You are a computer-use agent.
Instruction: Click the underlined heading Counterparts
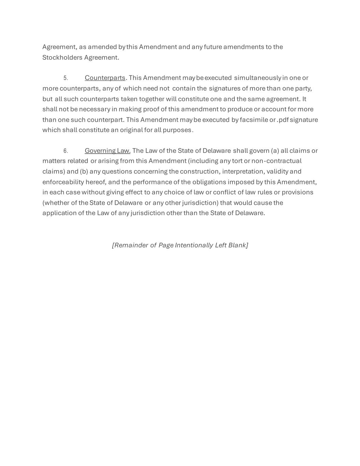pos(105,78)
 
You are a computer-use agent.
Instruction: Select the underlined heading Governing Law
pos(107,151)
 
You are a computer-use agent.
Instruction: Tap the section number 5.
pos(66,78)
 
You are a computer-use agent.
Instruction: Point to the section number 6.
pos(66,151)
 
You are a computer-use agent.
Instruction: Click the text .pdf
pos(283,120)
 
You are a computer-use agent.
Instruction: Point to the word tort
pos(237,161)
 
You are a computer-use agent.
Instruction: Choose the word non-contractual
pos(276,161)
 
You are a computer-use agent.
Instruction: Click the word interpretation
pos(243,171)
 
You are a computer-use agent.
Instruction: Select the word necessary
pos(95,109)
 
